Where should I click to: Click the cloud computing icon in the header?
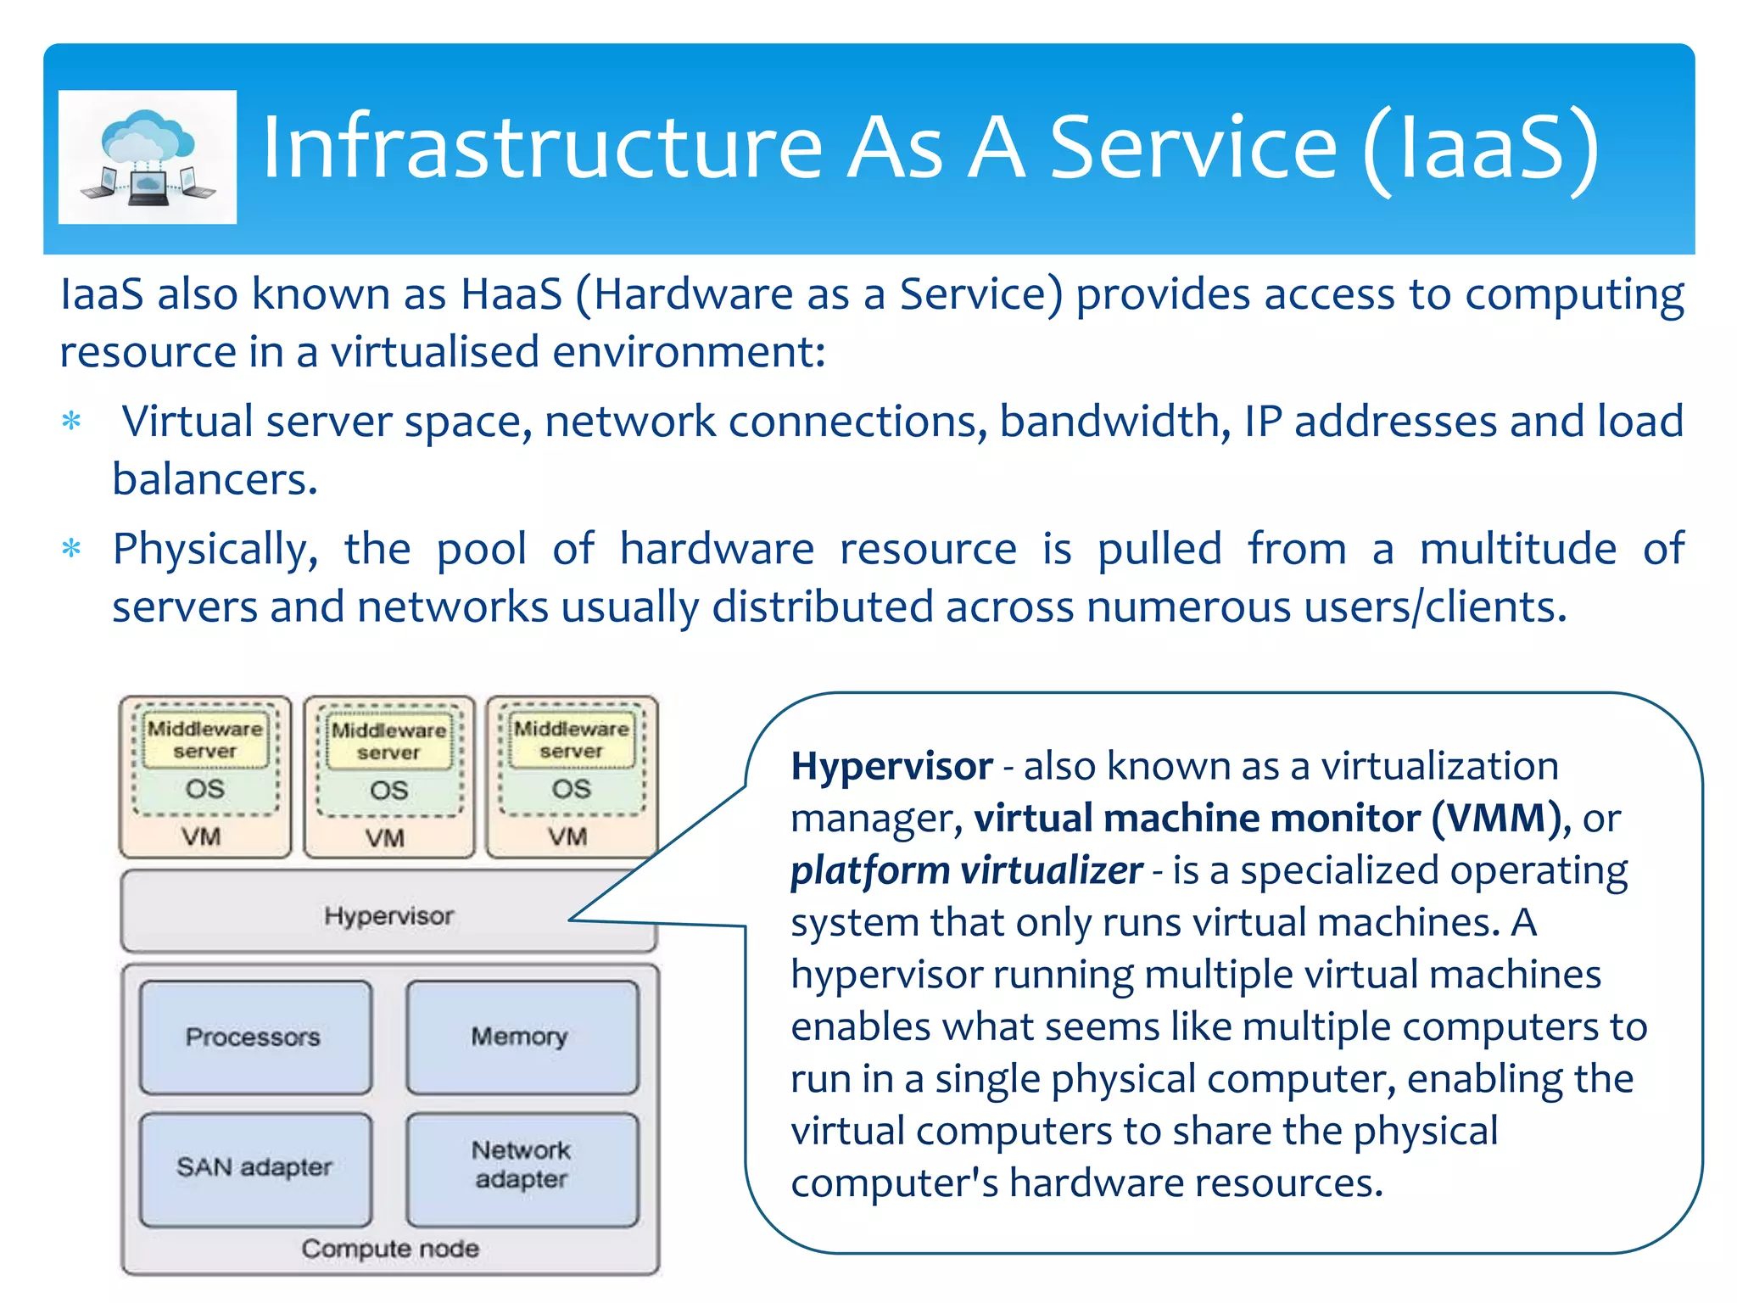148,157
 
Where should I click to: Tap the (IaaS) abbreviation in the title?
1481,149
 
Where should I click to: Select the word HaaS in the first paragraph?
511,294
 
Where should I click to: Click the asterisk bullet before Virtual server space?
72,422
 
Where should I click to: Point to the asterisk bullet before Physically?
72,549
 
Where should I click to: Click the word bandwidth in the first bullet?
1114,422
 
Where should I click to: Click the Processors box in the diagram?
254,1037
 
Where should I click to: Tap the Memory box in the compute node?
521,1037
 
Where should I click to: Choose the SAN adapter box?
254,1167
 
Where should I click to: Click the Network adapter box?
521,1166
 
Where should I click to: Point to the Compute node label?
390,1248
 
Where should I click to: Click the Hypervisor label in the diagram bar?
388,915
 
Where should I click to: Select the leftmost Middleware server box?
205,740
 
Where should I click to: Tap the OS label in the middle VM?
388,791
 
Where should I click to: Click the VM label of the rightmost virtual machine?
567,836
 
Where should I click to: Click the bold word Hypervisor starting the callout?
891,766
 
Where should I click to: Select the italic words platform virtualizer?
966,870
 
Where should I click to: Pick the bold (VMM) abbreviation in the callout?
1496,818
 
